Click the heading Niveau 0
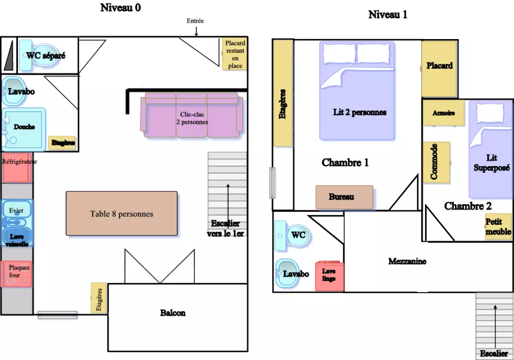[x=120, y=8]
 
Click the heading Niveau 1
[x=388, y=14]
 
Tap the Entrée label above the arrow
[x=195, y=21]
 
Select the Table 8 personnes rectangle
[x=121, y=213]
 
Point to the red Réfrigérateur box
[x=17, y=168]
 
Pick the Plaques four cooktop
[x=18, y=274]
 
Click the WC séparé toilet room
[x=42, y=56]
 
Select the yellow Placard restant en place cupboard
[x=235, y=55]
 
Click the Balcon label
[x=173, y=313]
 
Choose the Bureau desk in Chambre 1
[x=344, y=197]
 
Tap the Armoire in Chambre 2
[x=444, y=113]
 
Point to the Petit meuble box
[x=498, y=227]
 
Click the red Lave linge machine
[x=329, y=275]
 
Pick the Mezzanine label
[x=407, y=261]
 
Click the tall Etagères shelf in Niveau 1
[x=283, y=93]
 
